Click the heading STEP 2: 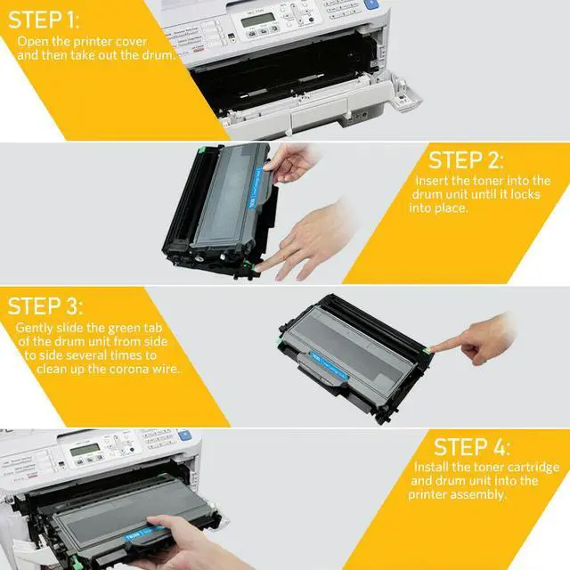coord(466,160)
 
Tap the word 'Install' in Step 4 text coord(433,467)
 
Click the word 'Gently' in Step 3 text coord(35,328)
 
